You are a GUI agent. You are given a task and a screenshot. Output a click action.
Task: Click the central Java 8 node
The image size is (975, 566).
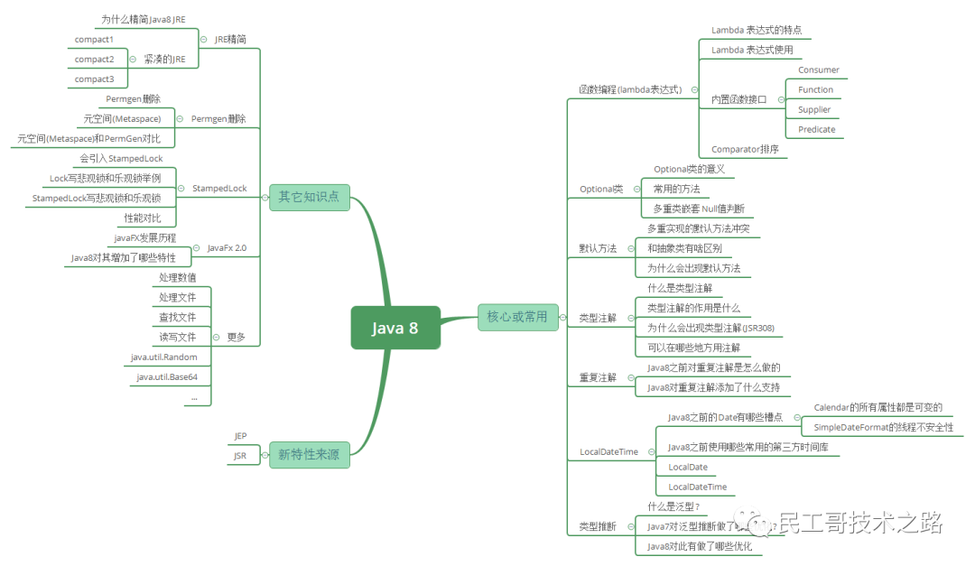tap(395, 328)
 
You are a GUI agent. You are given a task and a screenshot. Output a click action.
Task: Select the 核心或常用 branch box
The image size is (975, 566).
tap(517, 316)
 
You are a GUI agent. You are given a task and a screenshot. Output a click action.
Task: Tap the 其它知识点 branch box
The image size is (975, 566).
tap(309, 196)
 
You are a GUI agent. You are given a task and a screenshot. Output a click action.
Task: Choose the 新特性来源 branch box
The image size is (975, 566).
tap(309, 454)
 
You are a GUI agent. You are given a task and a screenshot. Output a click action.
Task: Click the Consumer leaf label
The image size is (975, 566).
tap(818, 70)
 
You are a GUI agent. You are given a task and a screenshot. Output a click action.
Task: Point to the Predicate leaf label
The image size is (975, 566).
tap(816, 129)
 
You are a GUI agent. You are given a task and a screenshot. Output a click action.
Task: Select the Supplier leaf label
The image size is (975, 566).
tap(813, 109)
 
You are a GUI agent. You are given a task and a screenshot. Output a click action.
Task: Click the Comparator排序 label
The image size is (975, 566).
tap(745, 149)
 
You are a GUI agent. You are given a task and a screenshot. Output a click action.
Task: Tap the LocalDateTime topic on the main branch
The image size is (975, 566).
tap(608, 451)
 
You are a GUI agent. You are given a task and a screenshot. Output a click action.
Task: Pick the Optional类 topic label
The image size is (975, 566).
tap(601, 189)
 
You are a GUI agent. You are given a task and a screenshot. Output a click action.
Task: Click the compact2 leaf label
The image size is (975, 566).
tap(94, 59)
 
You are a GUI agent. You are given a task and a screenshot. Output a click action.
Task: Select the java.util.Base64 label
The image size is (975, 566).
tap(167, 376)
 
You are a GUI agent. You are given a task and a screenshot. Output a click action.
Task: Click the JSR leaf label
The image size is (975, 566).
tap(240, 456)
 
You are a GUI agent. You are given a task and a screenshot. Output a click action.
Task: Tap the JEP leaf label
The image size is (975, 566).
tap(240, 436)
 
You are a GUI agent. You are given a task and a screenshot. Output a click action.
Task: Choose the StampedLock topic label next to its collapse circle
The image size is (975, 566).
tap(219, 189)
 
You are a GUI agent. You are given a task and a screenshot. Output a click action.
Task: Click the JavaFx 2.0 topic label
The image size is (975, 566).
tap(227, 247)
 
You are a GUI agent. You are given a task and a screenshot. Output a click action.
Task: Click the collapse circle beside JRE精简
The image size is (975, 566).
tap(202, 39)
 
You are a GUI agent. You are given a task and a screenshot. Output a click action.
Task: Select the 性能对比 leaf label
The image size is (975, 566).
tap(143, 218)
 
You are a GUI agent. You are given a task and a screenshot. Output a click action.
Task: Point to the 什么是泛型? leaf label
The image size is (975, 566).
tap(673, 506)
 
